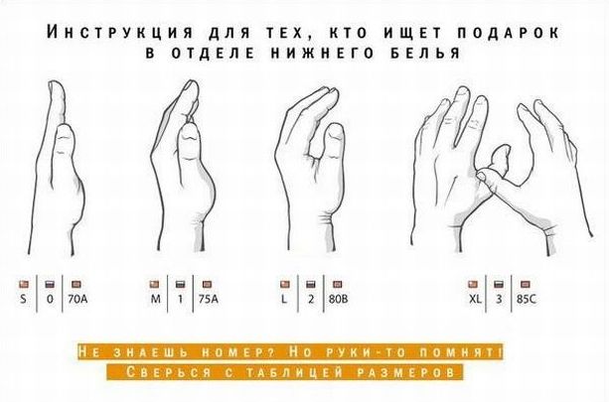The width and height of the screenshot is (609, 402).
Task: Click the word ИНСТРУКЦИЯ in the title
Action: coord(119,32)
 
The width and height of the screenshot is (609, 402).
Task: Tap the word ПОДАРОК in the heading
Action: coord(509,32)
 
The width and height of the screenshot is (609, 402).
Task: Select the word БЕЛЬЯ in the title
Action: coord(425,53)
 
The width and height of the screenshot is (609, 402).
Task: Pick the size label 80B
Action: coord(339,299)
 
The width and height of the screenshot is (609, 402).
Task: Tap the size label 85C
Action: coord(527,299)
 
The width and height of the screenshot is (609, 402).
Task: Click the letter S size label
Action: coord(24,299)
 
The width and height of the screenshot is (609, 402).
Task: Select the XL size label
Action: coord(475,299)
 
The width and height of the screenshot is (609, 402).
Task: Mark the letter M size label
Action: coord(155,299)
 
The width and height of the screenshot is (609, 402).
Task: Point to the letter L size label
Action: coord(284,299)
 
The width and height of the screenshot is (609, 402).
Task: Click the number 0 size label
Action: coord(50,299)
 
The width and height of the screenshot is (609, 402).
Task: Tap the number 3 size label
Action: coord(499,299)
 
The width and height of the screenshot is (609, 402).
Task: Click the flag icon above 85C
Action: coord(526,285)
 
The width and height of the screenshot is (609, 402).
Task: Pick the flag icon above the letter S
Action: coord(24,285)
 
